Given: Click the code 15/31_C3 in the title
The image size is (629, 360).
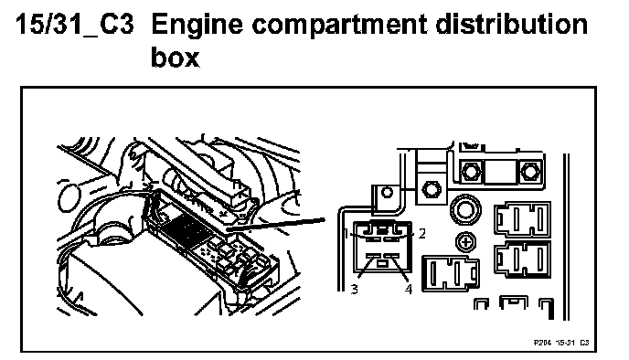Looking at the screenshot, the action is [75, 24].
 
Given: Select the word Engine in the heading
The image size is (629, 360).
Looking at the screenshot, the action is [197, 25].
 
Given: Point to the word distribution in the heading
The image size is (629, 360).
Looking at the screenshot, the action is [511, 24].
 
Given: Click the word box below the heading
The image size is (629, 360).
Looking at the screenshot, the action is [175, 57].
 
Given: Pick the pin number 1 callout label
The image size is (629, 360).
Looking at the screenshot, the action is [347, 233].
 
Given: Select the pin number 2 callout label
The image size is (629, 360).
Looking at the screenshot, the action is [421, 233].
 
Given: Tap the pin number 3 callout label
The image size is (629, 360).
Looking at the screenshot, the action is [354, 289].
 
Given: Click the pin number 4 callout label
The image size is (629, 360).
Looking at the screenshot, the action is [409, 289].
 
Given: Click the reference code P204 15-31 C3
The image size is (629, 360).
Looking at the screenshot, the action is [561, 343].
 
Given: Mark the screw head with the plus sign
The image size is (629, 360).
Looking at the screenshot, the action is [465, 242].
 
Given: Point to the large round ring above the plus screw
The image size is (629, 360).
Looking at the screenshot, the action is [465, 209].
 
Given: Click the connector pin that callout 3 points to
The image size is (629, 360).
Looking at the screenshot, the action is [373, 256].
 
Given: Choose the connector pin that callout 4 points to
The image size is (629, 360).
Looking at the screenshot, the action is [391, 256].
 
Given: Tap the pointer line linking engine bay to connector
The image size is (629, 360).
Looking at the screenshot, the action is [275, 225].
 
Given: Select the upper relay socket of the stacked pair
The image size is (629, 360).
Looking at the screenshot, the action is [522, 219].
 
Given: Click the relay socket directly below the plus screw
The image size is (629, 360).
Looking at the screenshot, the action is [451, 274].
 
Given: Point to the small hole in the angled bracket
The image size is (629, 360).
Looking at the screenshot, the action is [387, 192].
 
